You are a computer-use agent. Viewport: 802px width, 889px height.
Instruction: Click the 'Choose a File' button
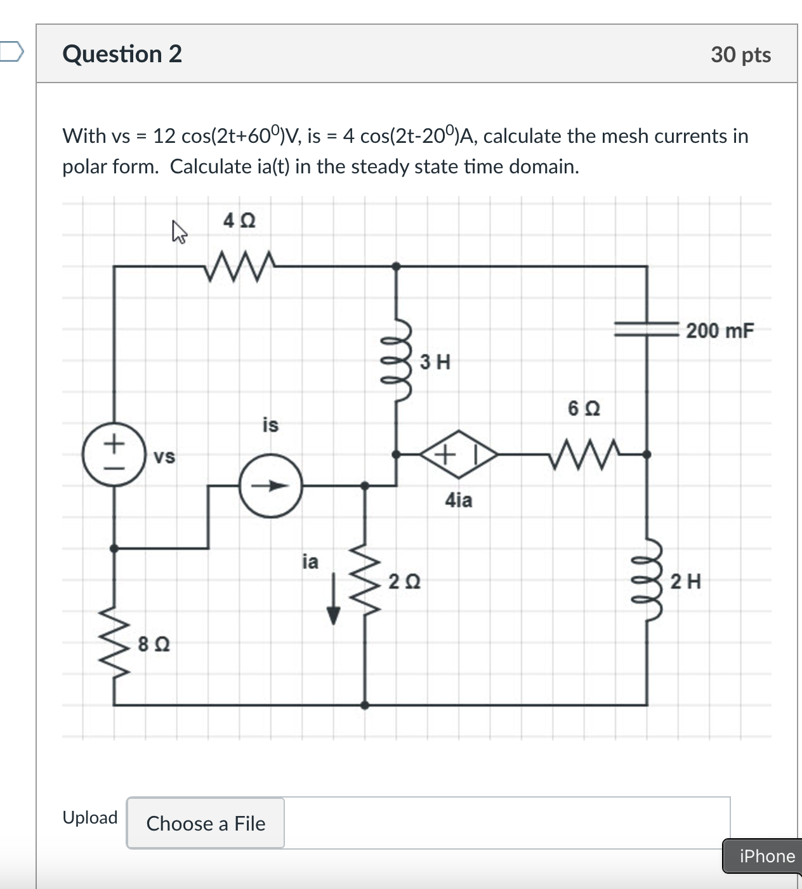206,823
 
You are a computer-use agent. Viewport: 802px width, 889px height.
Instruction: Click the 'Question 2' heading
122,54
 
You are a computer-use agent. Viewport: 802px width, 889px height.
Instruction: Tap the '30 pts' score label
740,55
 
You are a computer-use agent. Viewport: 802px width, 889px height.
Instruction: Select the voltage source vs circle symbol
114,455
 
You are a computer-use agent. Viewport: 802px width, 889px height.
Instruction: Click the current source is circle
271,486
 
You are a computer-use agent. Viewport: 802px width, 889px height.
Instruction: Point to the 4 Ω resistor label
239,221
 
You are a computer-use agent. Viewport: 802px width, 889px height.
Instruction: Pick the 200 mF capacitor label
720,331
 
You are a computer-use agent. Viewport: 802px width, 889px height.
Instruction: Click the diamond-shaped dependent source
458,454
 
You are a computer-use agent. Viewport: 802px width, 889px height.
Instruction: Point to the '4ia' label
459,500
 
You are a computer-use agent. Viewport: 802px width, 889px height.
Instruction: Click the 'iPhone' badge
766,856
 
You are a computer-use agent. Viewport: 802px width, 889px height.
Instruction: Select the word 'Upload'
90,817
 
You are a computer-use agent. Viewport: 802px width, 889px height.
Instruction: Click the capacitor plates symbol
647,328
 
